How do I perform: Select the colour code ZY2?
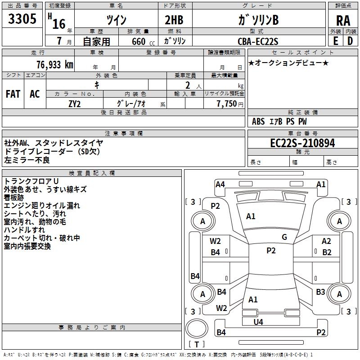coord(75,103)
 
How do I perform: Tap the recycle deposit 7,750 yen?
coord(229,103)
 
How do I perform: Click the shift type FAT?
coord(13,94)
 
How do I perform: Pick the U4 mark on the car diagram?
coord(258,322)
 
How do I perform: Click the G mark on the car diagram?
coord(284,237)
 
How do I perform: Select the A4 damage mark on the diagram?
coord(220,184)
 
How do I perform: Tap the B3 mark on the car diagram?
coord(320,292)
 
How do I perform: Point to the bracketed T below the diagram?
coord(197,344)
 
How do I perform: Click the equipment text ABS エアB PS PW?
coord(279,121)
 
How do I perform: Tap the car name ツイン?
coord(116,20)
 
